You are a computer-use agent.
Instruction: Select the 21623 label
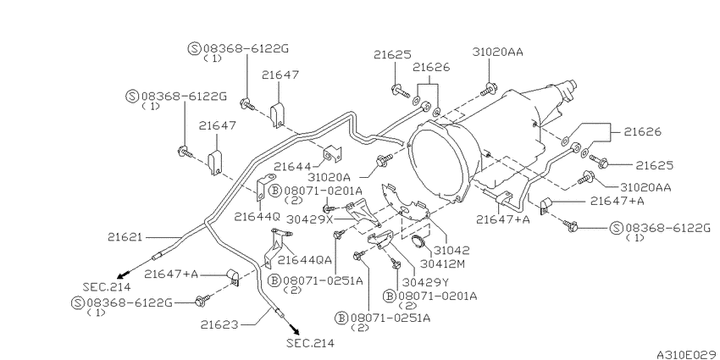[219, 324]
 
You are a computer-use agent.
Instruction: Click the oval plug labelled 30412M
[418, 241]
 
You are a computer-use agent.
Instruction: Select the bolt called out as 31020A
[384, 160]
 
